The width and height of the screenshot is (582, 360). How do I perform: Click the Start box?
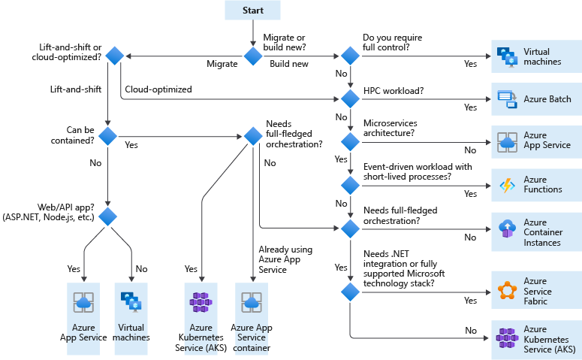[x=253, y=10]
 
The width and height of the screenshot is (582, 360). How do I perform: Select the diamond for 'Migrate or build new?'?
[x=253, y=56]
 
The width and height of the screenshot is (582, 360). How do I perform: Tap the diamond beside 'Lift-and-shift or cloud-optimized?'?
[x=114, y=56]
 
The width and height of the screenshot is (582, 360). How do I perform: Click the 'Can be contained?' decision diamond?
[x=108, y=136]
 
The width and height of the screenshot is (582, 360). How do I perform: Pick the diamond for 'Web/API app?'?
[x=108, y=217]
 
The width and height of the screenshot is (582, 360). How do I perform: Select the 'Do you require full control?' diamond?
[x=350, y=56]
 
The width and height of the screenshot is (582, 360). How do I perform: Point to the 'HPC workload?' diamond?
[x=350, y=98]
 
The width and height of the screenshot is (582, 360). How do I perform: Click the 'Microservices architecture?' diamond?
[x=350, y=141]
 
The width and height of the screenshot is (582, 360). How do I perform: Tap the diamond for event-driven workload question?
[x=350, y=184]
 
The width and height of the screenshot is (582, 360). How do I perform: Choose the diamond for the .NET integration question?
[x=350, y=292]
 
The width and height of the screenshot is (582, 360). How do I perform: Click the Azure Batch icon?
[x=506, y=99]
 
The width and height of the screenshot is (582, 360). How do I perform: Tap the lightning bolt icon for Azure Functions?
[x=506, y=185]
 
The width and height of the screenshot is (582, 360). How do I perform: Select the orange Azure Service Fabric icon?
[x=506, y=292]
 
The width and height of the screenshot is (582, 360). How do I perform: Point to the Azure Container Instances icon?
[x=506, y=227]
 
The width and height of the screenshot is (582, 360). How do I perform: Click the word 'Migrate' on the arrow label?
[x=222, y=64]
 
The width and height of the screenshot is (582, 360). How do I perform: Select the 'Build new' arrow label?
[x=289, y=64]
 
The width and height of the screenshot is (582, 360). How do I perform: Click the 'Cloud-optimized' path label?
[x=158, y=89]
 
